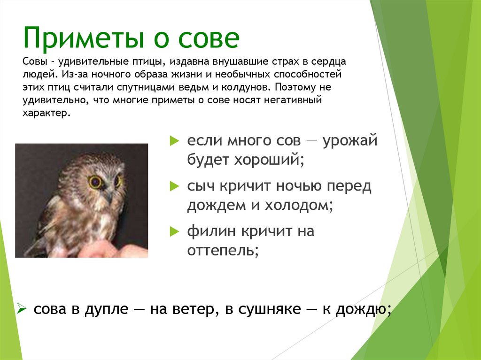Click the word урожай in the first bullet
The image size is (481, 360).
click(350, 140)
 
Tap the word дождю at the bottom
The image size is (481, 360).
click(362, 310)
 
